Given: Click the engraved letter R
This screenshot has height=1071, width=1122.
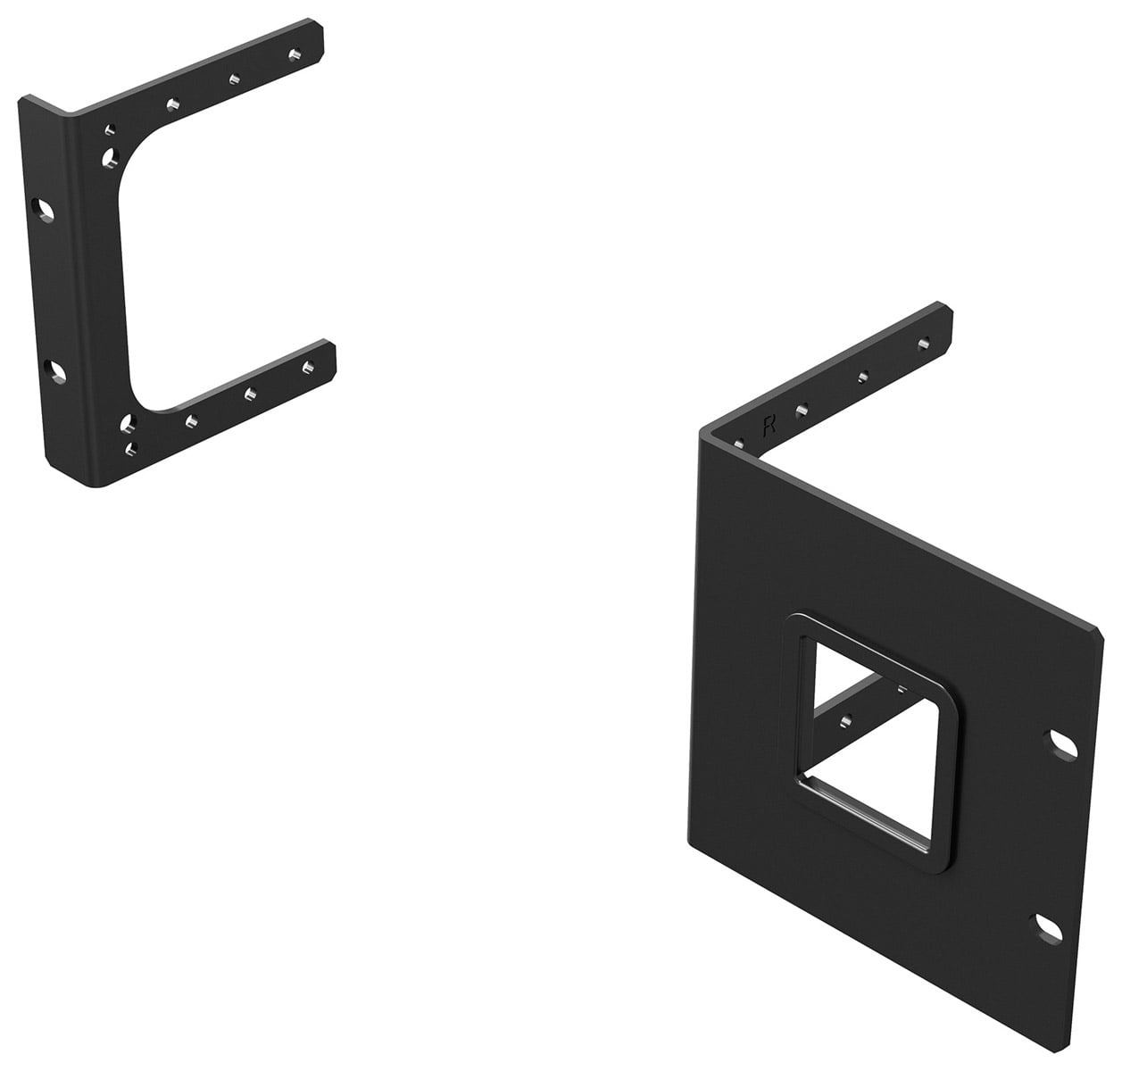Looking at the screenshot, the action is click(x=769, y=427).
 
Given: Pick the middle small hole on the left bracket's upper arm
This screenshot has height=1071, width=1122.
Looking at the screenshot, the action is click(x=235, y=79).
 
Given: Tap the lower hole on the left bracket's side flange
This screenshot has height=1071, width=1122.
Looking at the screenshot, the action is click(x=56, y=372).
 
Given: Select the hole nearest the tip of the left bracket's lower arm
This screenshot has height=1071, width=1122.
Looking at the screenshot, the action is click(x=309, y=367).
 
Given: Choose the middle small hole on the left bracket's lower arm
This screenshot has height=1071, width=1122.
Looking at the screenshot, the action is click(x=250, y=394).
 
